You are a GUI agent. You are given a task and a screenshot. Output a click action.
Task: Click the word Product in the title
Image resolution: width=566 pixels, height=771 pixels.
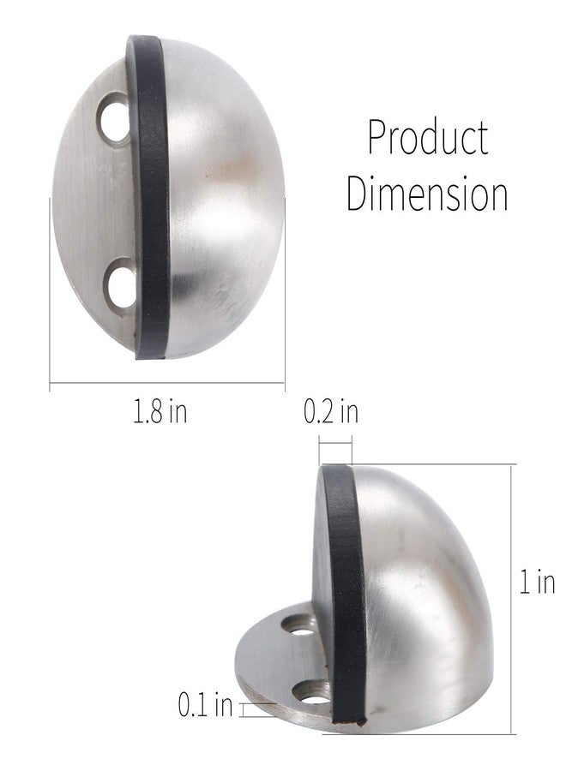(x=428, y=137)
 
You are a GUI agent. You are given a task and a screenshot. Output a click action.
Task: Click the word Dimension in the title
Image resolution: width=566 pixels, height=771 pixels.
(x=427, y=194)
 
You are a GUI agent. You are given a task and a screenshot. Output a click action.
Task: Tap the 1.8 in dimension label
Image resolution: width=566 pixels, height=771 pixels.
(x=160, y=411)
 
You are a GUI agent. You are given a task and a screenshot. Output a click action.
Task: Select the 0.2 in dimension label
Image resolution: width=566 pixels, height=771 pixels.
(x=331, y=411)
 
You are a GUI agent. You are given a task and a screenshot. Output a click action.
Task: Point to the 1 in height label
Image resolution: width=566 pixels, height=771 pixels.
(x=538, y=582)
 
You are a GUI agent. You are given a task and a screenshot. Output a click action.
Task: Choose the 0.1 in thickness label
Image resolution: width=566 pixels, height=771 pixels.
(x=205, y=704)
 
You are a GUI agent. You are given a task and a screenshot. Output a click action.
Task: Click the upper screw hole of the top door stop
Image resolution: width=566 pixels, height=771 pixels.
(x=116, y=118)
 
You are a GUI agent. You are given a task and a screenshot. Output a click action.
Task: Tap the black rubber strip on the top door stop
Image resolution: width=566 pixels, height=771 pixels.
(x=151, y=197)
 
